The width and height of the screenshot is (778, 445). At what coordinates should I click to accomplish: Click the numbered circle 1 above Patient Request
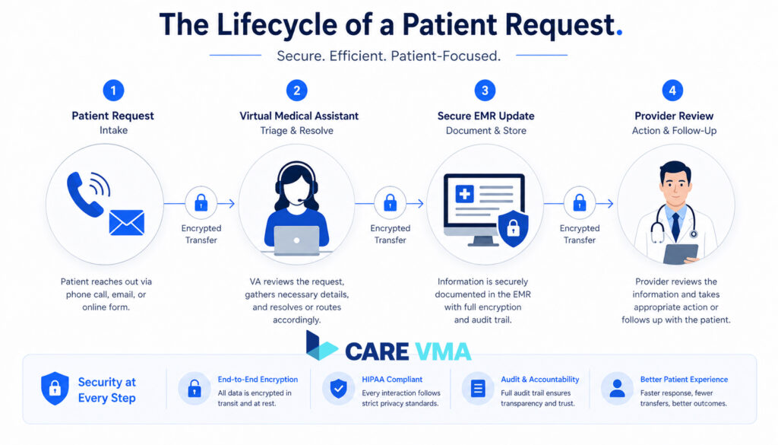point(112,91)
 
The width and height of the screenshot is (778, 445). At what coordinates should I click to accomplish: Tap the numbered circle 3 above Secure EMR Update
point(485,91)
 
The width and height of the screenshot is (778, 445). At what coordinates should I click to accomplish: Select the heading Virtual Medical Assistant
point(299,116)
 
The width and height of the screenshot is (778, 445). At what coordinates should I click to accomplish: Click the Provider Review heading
point(674,116)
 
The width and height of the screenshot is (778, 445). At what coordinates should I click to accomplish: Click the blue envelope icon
point(126,222)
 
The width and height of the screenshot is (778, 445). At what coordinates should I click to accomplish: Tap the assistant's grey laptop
point(296,240)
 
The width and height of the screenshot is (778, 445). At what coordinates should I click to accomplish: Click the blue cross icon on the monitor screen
point(464,194)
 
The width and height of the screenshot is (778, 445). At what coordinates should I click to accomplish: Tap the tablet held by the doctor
point(681,253)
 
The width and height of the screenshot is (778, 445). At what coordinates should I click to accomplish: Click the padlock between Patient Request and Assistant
point(201,203)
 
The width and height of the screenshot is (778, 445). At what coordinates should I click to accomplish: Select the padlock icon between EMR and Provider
point(580,203)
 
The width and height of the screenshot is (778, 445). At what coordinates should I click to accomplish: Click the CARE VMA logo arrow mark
point(321,346)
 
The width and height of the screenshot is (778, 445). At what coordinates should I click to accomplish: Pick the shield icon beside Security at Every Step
point(55,388)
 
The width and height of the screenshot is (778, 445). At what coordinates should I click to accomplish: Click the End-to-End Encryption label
point(258,379)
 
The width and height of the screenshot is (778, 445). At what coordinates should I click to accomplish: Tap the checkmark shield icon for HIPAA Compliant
point(337,389)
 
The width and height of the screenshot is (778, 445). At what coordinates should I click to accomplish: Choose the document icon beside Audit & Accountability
point(478,389)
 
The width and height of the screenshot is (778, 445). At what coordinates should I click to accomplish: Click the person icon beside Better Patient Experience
point(617,389)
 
